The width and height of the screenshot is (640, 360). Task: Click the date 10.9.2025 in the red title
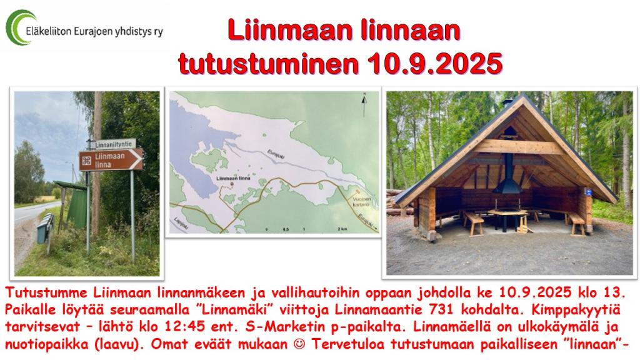pos(435,63)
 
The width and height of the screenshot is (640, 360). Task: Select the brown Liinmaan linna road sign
pos(111,159)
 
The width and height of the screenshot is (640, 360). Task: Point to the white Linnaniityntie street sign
pos(113,144)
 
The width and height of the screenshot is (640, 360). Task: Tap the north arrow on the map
pos(364,105)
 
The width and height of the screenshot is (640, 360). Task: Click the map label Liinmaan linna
pos(234,178)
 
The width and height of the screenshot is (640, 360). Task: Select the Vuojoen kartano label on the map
pos(361,201)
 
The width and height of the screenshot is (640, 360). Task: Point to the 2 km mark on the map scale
pos(342,229)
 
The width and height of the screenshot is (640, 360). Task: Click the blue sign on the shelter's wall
pos(588,192)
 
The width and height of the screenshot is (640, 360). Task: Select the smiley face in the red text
pos(299,344)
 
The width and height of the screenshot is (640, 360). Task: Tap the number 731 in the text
pos(442,310)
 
